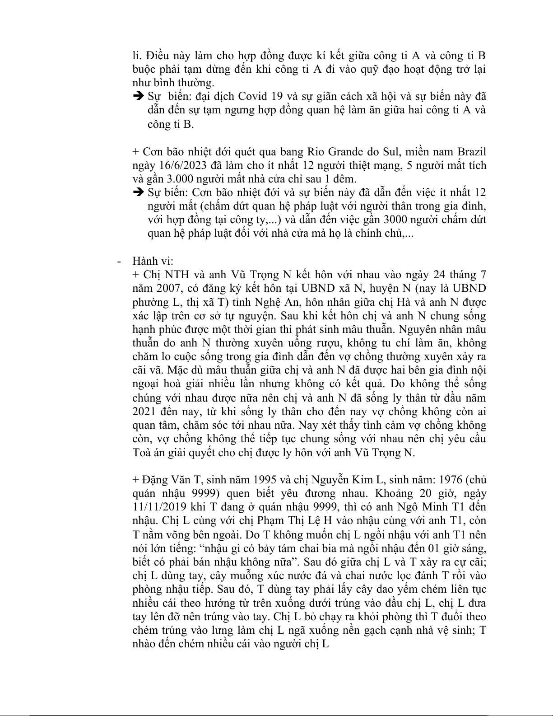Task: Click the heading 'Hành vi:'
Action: (153, 261)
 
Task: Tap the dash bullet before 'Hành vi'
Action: (119, 261)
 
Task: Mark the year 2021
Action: (144, 412)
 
